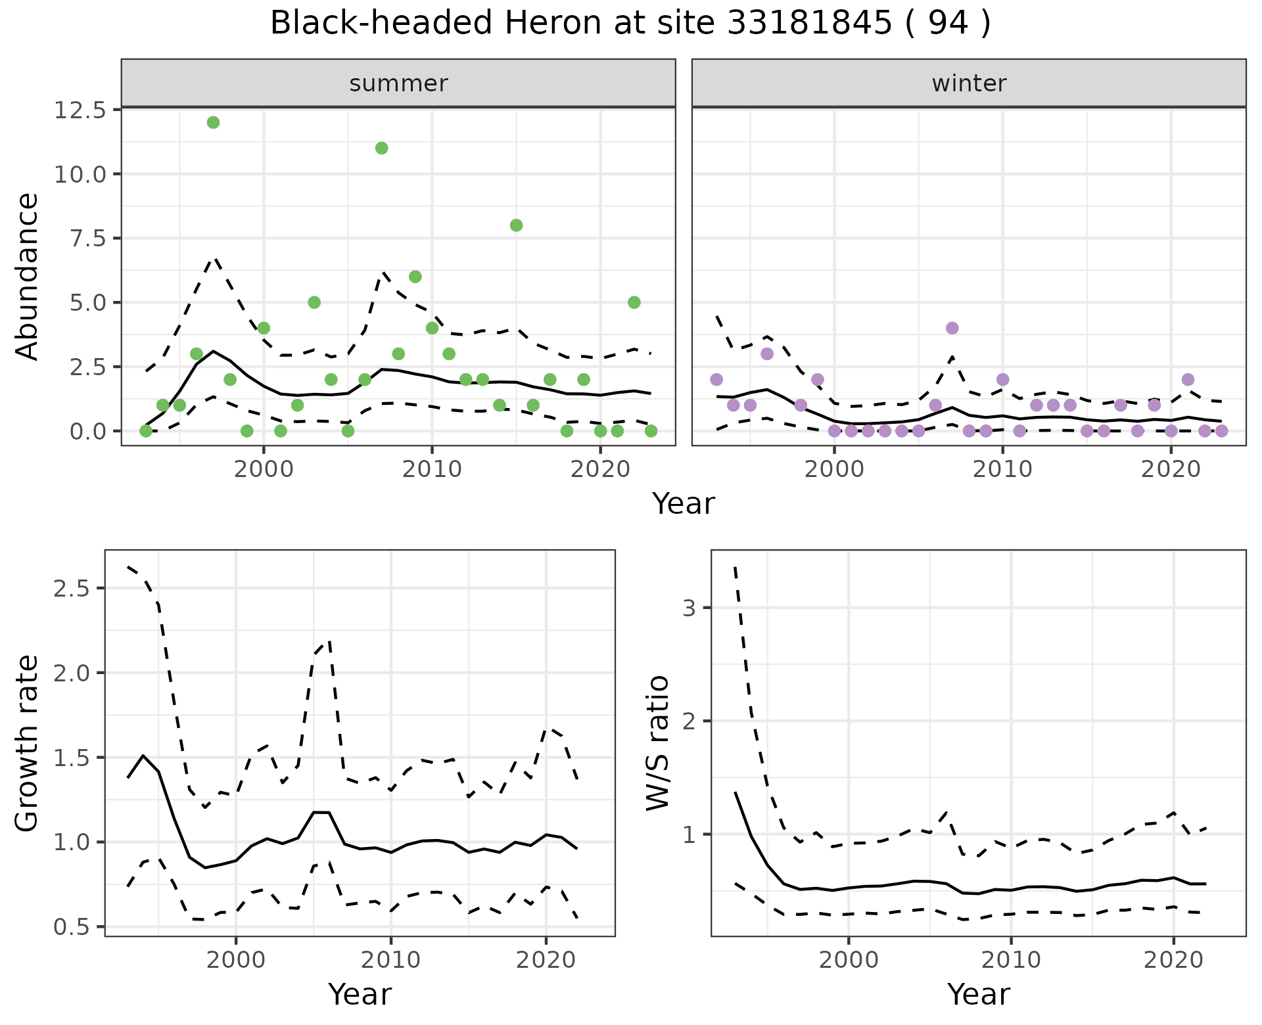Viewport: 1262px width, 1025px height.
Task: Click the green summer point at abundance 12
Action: [x=213, y=122]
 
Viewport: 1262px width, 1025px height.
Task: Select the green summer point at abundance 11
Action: [x=381, y=148]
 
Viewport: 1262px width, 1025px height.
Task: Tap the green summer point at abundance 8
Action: [x=516, y=225]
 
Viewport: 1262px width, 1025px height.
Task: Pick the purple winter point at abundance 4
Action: [x=952, y=328]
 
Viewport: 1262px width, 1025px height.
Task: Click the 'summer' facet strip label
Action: [x=398, y=83]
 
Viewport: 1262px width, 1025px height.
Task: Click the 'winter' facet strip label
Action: [x=969, y=83]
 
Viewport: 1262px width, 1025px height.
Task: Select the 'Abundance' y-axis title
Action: [x=28, y=276]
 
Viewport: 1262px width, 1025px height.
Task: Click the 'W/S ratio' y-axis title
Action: [x=657, y=742]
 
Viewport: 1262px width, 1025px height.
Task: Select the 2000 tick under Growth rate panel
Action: [x=235, y=960]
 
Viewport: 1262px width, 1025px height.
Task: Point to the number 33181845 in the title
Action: [x=809, y=24]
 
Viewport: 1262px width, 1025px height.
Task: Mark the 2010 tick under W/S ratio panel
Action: [x=1011, y=960]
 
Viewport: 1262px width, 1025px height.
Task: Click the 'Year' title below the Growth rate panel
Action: [x=360, y=994]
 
